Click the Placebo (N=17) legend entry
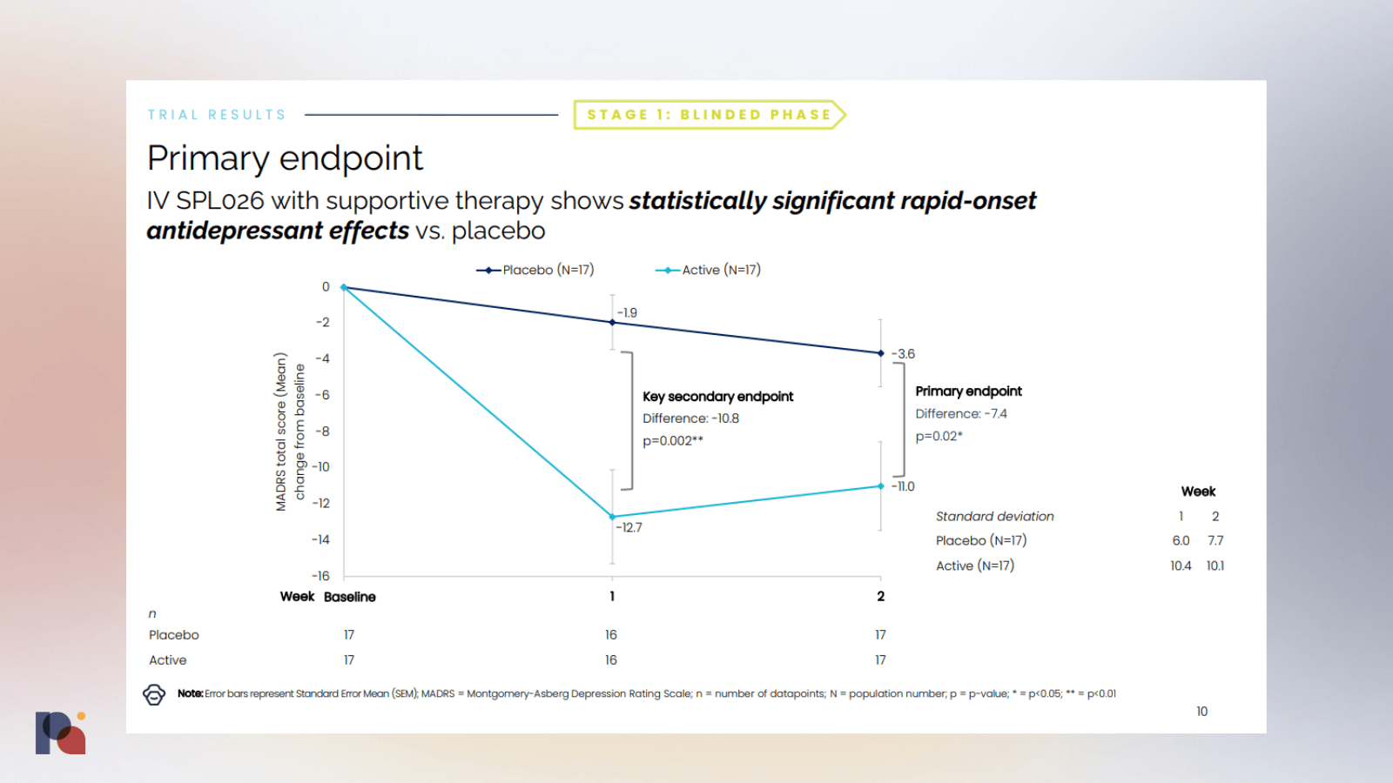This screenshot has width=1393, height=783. pyautogui.click(x=535, y=270)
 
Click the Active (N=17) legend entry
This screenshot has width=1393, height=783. pyautogui.click(x=709, y=270)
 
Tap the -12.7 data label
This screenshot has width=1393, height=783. pyautogui.click(x=629, y=527)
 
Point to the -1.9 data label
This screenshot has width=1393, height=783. pyautogui.click(x=628, y=312)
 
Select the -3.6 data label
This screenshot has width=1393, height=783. pyautogui.click(x=904, y=354)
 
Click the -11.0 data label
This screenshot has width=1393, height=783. pyautogui.click(x=904, y=486)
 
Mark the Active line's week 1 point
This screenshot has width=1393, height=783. pyautogui.click(x=612, y=517)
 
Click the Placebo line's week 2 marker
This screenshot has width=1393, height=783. pyautogui.click(x=880, y=353)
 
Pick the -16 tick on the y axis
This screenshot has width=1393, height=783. pyautogui.click(x=321, y=576)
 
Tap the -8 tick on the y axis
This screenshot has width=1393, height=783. pyautogui.click(x=323, y=432)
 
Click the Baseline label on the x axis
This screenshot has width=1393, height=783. pyautogui.click(x=350, y=597)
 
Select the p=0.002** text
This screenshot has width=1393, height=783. pyautogui.click(x=673, y=441)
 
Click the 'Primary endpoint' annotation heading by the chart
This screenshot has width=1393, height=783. pyautogui.click(x=968, y=391)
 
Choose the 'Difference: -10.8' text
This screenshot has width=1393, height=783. pyautogui.click(x=690, y=418)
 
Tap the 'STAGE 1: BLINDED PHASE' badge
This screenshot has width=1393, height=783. pyautogui.click(x=709, y=115)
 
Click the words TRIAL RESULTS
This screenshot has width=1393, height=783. pyautogui.click(x=217, y=115)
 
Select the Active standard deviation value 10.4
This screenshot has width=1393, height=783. pyautogui.click(x=1181, y=565)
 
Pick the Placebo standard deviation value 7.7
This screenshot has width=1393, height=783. pyautogui.click(x=1215, y=540)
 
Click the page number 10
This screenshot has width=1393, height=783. pyautogui.click(x=1201, y=712)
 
